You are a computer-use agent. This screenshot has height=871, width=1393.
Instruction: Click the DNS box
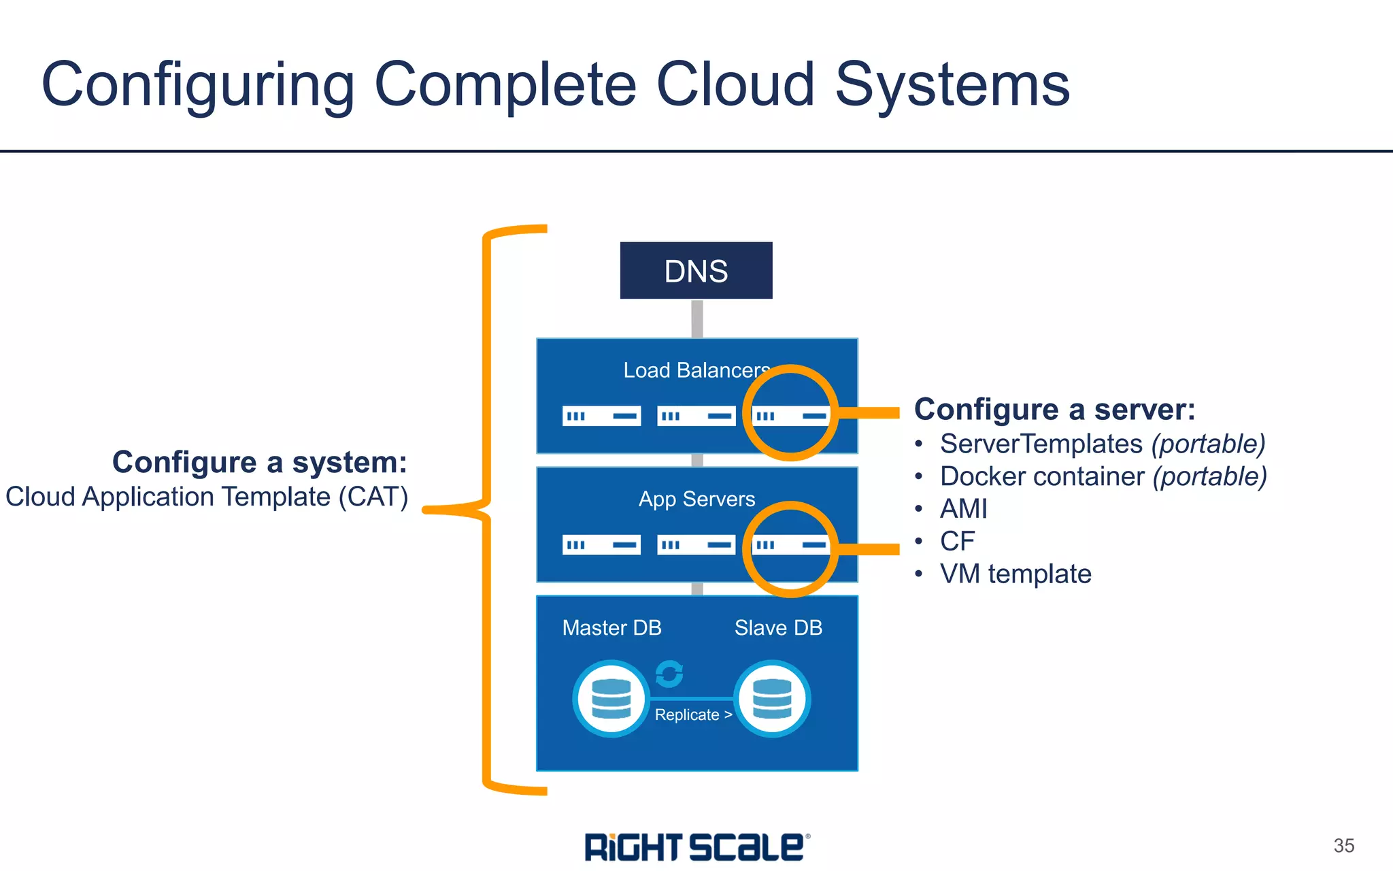point(696,270)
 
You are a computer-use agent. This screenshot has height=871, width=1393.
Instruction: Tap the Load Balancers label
point(696,370)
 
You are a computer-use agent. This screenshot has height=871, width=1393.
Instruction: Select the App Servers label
point(696,499)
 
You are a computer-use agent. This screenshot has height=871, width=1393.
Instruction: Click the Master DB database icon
point(611,699)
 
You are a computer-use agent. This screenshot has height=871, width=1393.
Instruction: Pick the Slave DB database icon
point(772,699)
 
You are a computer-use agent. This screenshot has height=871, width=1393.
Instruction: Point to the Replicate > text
point(693,715)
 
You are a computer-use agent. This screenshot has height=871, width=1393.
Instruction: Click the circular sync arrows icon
point(669,674)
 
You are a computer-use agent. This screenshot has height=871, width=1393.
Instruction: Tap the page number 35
point(1343,846)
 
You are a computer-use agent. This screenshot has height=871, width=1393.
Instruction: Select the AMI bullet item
point(963,509)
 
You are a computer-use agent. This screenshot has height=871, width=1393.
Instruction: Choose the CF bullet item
point(957,542)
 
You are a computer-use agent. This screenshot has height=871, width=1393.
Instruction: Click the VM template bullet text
point(1016,574)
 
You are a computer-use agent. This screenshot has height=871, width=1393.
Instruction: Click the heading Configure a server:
point(1054,410)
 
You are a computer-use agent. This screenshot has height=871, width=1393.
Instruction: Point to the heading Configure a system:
point(259,462)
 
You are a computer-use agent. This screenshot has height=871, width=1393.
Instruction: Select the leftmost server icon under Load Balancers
point(601,416)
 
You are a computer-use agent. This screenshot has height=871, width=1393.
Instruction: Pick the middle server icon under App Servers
point(696,544)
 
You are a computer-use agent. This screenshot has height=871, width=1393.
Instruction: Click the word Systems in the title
point(952,85)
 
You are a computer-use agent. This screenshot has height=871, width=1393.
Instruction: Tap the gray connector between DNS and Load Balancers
point(696,318)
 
